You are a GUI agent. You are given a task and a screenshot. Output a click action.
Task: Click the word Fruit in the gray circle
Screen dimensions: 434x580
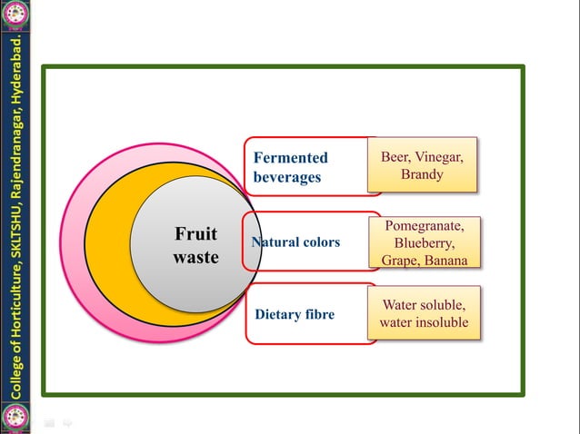(x=195, y=234)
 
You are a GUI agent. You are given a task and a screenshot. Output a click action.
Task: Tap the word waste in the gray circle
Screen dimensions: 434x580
(x=195, y=257)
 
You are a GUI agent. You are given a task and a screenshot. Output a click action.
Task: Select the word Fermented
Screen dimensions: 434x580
(x=290, y=158)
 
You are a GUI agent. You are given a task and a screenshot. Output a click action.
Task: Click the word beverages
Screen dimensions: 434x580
(x=286, y=177)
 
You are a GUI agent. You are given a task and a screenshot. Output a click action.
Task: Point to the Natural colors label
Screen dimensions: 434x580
(x=295, y=242)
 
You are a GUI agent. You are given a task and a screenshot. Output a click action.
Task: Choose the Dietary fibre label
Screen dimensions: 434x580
(x=295, y=315)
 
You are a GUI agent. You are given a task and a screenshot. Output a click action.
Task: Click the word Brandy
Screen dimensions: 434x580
(x=422, y=173)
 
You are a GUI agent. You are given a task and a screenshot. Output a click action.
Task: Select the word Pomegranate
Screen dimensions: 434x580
(x=425, y=226)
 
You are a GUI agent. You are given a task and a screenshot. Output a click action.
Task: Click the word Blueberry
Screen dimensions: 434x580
(x=425, y=243)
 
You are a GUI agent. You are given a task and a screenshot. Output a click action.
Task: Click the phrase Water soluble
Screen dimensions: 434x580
(x=424, y=304)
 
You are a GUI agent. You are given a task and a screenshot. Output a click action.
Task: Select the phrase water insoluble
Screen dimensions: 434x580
(x=424, y=322)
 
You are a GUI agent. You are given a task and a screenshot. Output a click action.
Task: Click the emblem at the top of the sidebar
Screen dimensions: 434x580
(x=15, y=14)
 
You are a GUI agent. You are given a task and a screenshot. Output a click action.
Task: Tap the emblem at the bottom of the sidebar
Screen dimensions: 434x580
(x=15, y=418)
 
